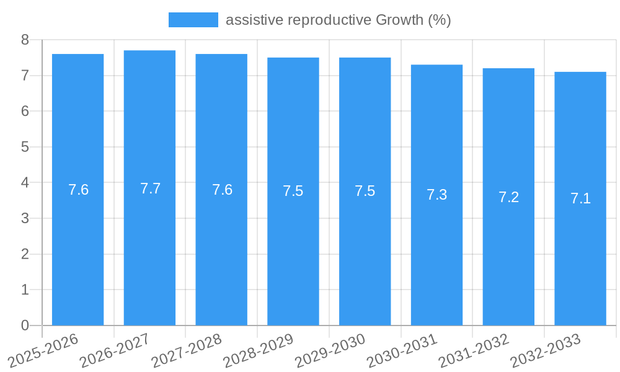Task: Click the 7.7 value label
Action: click(150, 188)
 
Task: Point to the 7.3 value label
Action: click(436, 195)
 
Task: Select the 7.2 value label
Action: click(508, 197)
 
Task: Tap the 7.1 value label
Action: click(580, 198)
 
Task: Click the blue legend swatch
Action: click(193, 20)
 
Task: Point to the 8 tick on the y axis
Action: click(25, 40)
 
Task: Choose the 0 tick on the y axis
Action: click(25, 325)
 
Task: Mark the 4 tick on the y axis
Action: click(25, 183)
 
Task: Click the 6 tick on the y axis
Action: click(25, 111)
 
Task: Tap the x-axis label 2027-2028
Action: click(187, 350)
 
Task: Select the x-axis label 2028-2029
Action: click(259, 350)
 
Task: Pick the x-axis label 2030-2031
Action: click(402, 350)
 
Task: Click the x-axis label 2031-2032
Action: click(474, 350)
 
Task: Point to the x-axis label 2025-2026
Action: click(43, 350)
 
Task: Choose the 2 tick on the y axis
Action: click(25, 254)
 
